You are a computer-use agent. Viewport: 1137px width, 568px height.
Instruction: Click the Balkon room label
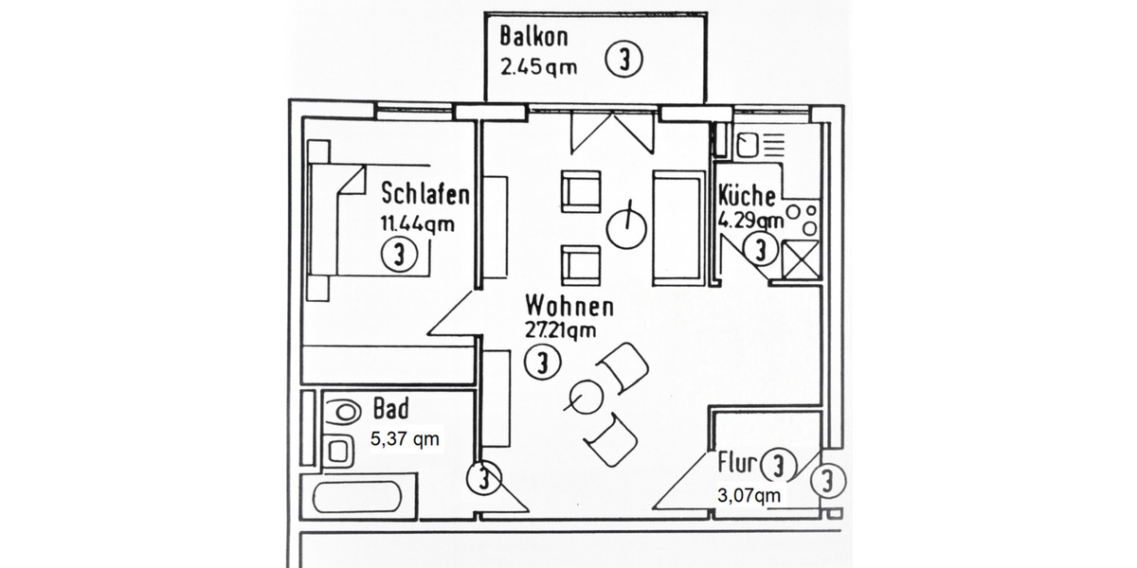click(x=533, y=38)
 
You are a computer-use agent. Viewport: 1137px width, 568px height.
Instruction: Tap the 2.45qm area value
click(x=537, y=68)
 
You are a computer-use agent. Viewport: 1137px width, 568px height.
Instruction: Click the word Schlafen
click(x=425, y=195)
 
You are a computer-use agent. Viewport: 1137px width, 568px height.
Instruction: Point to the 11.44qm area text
click(x=417, y=224)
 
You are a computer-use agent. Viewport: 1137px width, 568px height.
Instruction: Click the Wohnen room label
click(x=569, y=307)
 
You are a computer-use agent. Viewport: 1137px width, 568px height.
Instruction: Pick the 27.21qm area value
click(x=560, y=330)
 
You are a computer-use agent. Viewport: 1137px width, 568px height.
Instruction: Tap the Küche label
click(x=748, y=197)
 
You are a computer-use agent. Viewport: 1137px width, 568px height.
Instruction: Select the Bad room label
click(x=390, y=409)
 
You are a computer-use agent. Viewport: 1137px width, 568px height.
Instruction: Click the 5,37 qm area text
click(x=404, y=439)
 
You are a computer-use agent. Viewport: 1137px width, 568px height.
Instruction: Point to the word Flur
click(x=736, y=464)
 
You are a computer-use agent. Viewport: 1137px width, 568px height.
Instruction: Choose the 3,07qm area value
click(x=749, y=495)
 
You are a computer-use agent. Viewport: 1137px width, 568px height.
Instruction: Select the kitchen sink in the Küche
click(x=749, y=145)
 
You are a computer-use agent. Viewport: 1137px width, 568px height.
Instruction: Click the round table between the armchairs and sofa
click(x=625, y=226)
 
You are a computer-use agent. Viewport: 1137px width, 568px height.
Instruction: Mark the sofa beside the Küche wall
click(x=676, y=226)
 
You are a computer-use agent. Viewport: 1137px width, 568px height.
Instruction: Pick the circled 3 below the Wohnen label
click(x=542, y=363)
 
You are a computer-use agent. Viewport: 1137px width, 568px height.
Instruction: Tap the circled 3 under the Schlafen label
click(x=399, y=255)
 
